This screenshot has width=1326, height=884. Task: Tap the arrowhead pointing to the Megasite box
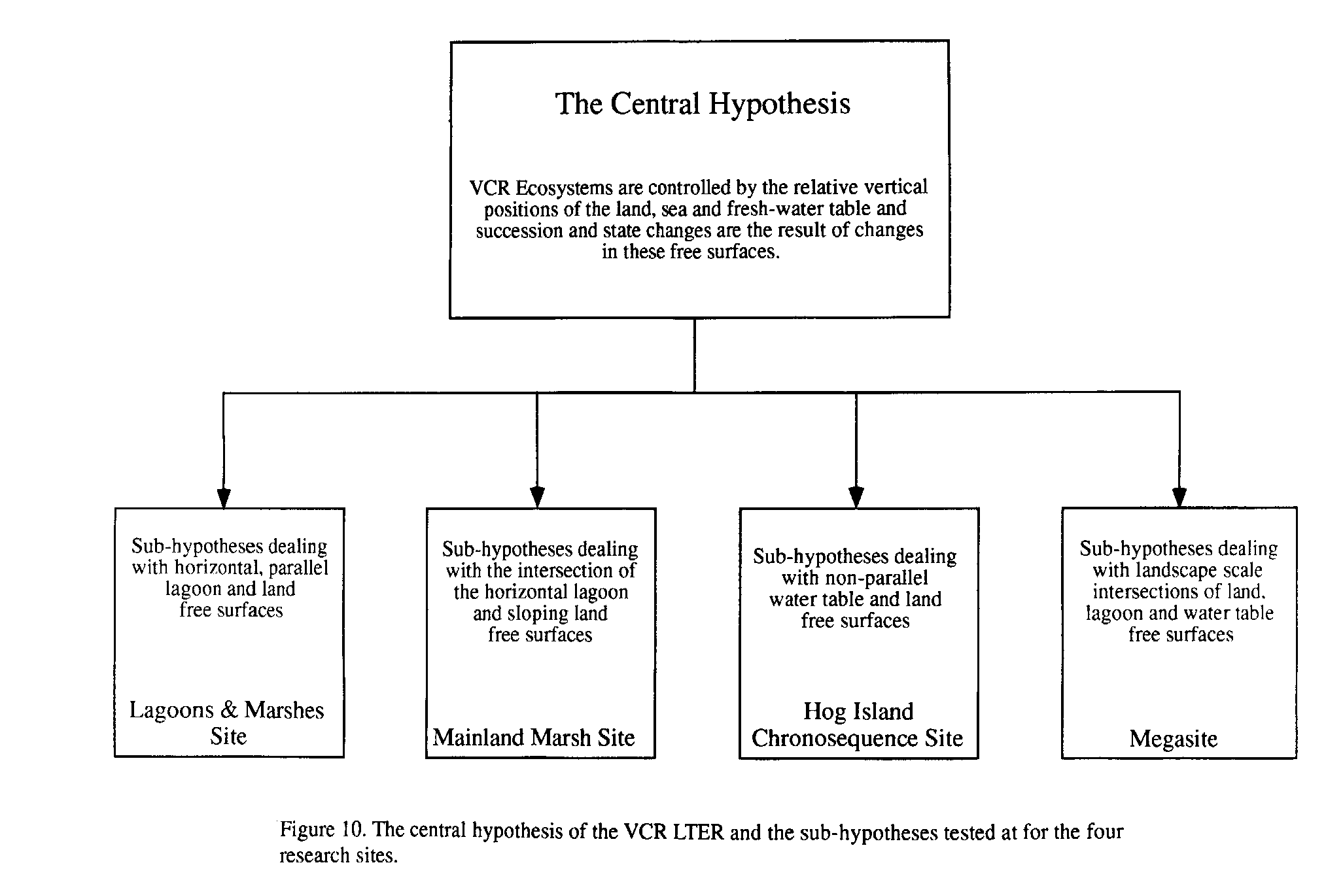[x=1179, y=498]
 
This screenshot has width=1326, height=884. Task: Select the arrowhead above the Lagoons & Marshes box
[x=224, y=498]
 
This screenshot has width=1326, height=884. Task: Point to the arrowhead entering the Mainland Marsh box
[x=537, y=498]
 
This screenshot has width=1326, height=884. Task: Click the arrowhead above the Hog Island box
[x=856, y=498]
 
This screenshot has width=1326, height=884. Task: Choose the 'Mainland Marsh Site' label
[x=534, y=738]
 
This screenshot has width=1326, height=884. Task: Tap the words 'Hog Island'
[x=858, y=711]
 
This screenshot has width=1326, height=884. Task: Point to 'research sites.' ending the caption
[x=339, y=855]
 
